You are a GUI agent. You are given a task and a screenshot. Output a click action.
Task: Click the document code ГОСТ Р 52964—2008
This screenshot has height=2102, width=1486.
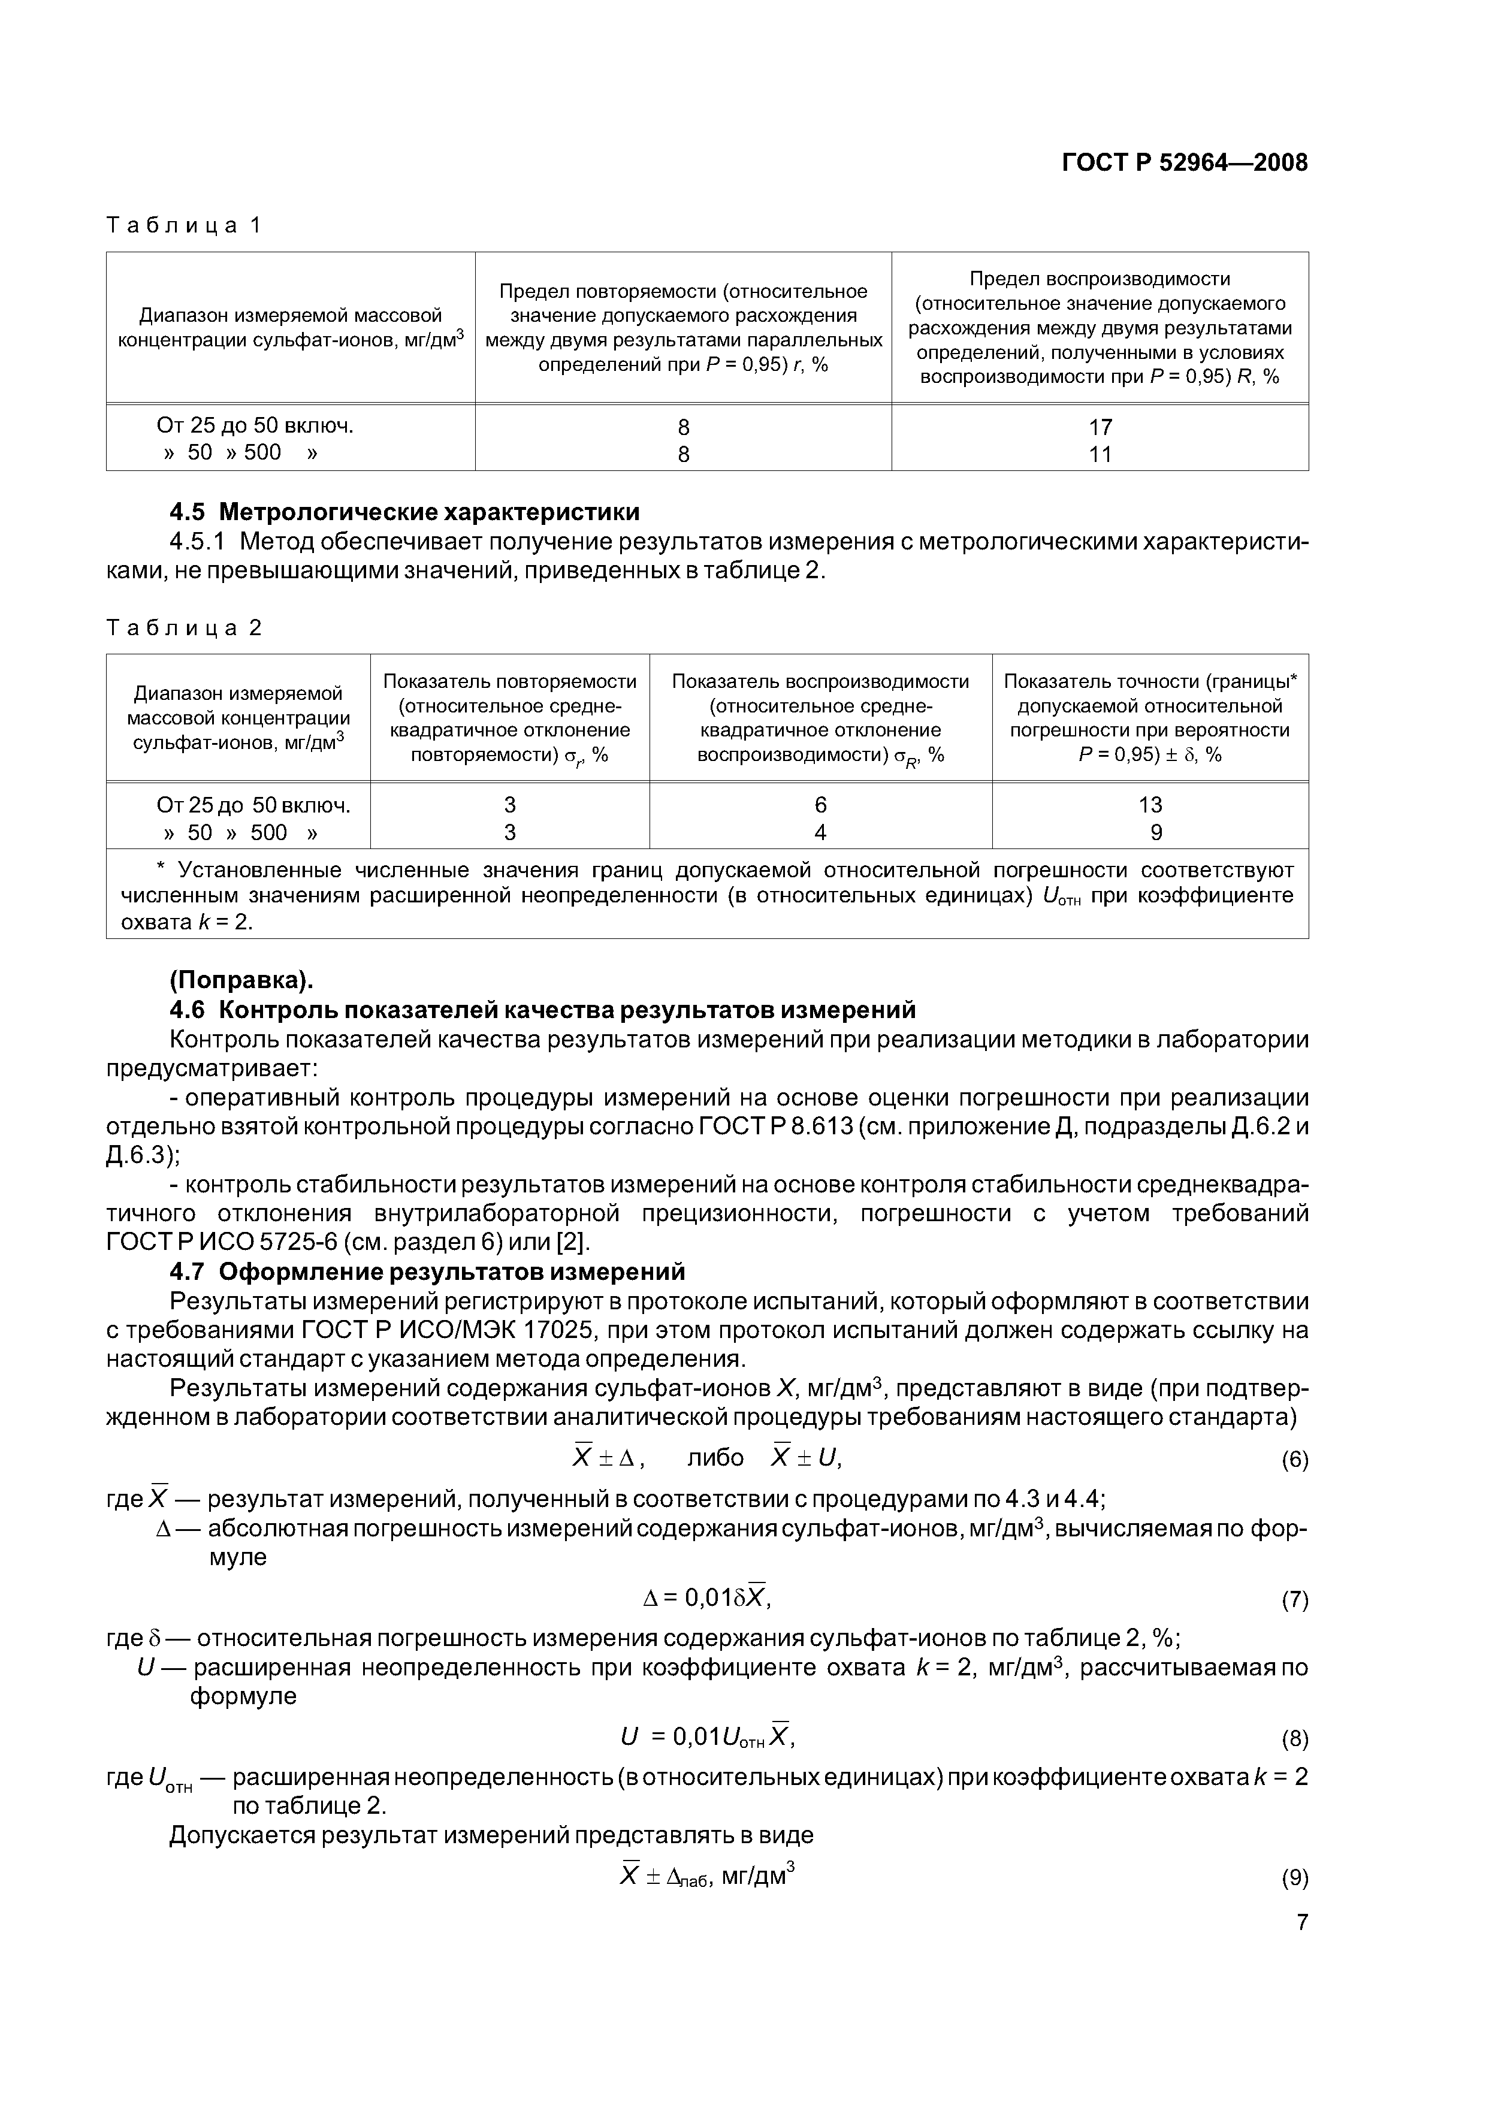tap(1184, 163)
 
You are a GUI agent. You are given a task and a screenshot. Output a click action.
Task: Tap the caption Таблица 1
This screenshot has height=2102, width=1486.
tap(184, 225)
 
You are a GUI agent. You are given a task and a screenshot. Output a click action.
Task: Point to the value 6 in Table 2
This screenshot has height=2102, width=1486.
tap(820, 805)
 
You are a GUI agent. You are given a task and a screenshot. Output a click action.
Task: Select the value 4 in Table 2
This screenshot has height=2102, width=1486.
tap(820, 832)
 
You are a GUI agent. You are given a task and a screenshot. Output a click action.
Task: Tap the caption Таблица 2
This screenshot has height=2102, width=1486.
tap(184, 628)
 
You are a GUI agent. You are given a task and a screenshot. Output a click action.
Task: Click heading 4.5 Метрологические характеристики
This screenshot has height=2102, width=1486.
tap(404, 511)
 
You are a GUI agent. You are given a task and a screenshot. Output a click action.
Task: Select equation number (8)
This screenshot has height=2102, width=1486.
tap(1294, 1738)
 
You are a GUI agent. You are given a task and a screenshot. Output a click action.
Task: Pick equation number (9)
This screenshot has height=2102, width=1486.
tap(1294, 1878)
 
